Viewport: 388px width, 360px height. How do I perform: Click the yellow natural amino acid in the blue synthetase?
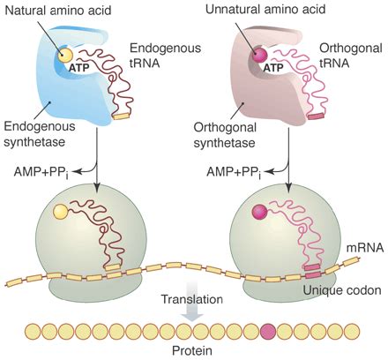[x=64, y=55]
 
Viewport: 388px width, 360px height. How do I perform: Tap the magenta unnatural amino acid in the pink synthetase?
[x=260, y=55]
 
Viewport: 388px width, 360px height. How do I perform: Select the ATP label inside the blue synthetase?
[x=78, y=68]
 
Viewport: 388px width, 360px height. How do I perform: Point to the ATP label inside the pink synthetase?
[x=273, y=68]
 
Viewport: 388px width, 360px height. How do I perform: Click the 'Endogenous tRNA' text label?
[x=166, y=56]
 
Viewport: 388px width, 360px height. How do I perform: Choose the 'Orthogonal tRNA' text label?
[x=351, y=56]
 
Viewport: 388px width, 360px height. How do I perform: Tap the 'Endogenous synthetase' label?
[x=40, y=134]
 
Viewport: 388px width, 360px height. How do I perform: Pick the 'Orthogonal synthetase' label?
[x=225, y=135]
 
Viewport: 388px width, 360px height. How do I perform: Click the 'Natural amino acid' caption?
[x=58, y=11]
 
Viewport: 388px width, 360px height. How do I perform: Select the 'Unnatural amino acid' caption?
[x=265, y=9]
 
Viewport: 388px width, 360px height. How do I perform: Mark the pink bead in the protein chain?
[x=268, y=332]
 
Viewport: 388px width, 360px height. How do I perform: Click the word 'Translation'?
[x=192, y=299]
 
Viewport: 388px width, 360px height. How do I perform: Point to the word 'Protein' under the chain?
[x=192, y=350]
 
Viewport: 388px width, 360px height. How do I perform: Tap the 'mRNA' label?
[x=365, y=248]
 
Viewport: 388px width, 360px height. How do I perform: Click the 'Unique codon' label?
[x=342, y=290]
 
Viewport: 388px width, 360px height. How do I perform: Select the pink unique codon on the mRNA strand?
[x=313, y=275]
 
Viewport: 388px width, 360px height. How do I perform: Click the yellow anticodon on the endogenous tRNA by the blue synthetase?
[x=122, y=116]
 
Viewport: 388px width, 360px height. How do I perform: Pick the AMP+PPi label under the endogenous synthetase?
[x=41, y=172]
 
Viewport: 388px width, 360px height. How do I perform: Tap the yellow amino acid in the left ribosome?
[x=61, y=212]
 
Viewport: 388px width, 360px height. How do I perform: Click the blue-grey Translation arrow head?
[x=192, y=317]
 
